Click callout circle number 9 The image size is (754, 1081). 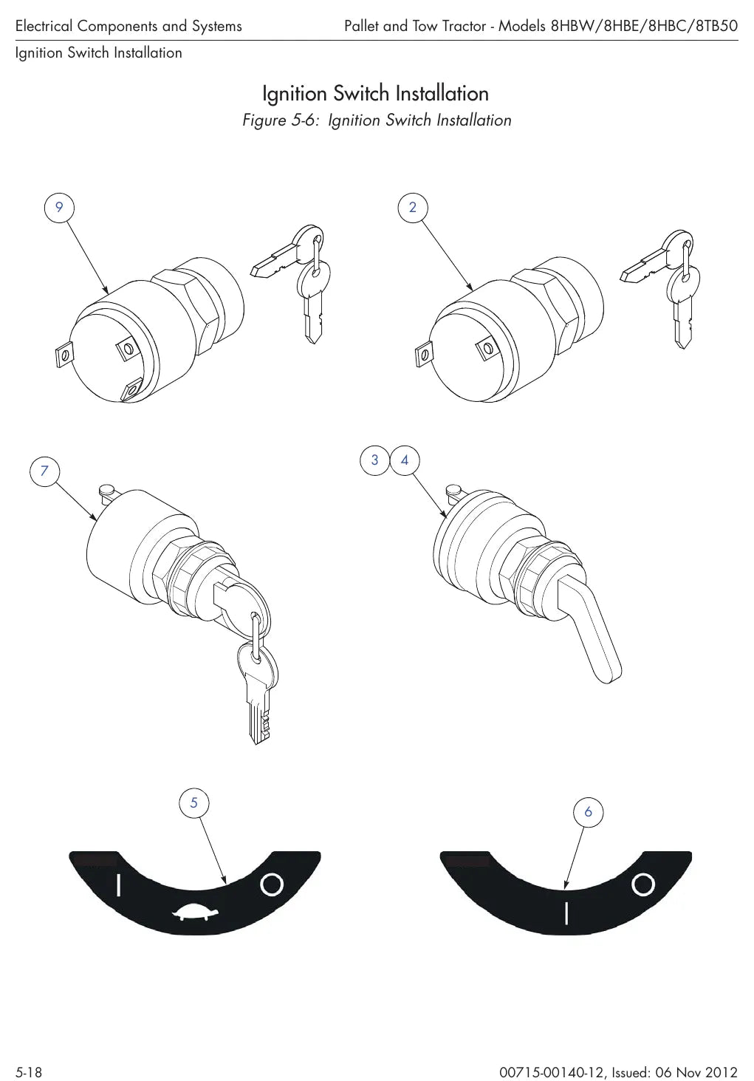point(59,208)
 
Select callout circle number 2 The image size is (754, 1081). point(413,208)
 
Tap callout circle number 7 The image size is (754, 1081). point(44,471)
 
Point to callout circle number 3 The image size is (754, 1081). point(375,460)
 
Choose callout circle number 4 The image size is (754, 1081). point(405,460)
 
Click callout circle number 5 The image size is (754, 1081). point(194,802)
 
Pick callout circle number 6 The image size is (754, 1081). point(588,812)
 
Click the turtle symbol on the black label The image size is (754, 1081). point(196,911)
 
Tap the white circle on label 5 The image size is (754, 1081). point(272,884)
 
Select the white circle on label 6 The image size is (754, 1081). point(643,884)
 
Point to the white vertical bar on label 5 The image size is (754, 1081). point(119,885)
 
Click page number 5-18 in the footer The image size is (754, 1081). point(29,1072)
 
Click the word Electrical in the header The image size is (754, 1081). point(44,26)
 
